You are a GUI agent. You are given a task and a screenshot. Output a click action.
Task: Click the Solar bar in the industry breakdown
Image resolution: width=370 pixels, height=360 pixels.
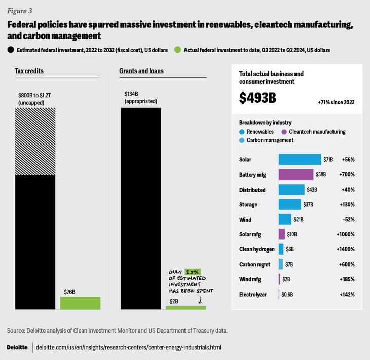click(300, 159)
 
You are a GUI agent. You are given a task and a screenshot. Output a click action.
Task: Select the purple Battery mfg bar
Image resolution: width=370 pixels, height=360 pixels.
click(296, 174)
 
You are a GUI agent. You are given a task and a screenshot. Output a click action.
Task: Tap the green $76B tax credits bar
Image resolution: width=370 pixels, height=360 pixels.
click(80, 303)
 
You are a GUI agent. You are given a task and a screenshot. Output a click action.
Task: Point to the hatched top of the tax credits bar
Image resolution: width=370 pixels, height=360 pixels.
click(35, 141)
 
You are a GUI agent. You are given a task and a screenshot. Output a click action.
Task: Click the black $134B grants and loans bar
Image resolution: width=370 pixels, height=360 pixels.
click(140, 208)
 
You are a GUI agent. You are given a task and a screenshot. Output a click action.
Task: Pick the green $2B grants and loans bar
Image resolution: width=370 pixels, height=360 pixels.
click(186, 307)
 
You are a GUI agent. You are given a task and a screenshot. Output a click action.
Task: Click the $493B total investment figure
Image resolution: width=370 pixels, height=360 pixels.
click(257, 98)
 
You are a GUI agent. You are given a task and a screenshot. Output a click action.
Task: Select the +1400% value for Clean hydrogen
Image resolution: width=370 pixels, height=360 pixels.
click(345, 249)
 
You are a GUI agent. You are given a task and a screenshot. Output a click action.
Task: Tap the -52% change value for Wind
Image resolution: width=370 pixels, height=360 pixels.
click(348, 220)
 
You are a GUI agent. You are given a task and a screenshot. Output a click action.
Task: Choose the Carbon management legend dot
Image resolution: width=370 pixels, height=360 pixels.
click(242, 140)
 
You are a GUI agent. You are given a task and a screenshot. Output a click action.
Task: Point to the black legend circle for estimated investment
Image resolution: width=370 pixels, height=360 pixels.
click(11, 50)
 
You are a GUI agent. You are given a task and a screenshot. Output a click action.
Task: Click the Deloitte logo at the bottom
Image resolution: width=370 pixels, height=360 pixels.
click(17, 347)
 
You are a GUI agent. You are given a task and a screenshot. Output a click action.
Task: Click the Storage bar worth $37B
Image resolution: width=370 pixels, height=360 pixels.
click(289, 204)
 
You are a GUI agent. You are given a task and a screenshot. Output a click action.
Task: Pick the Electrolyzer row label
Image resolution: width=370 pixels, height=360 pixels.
click(253, 294)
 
